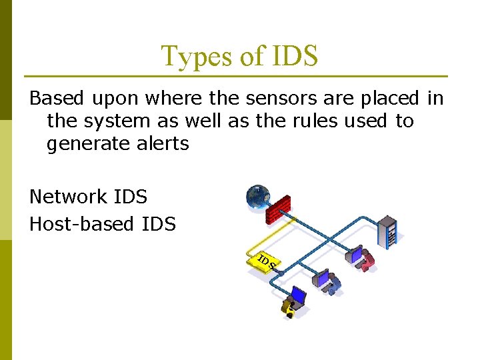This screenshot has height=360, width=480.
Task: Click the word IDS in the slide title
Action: point(293,57)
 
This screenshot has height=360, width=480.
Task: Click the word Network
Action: point(68,197)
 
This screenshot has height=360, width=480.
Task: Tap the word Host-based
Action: point(81,224)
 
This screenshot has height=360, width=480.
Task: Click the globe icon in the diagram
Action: point(257,196)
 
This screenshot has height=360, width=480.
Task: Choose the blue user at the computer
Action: point(329,281)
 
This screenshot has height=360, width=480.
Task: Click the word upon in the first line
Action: point(115,99)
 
